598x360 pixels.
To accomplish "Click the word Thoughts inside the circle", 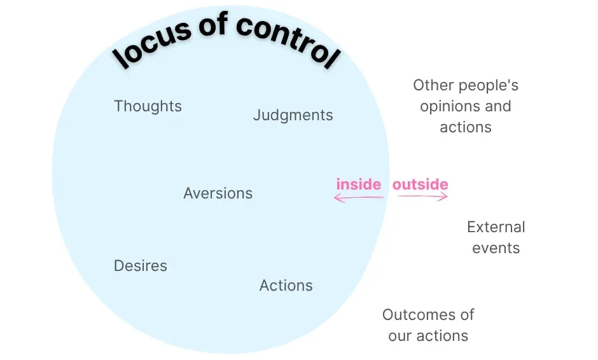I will [x=148, y=106].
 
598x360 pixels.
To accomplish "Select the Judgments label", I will [x=293, y=115].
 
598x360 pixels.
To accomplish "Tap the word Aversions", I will [x=218, y=193].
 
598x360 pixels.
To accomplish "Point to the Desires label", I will [x=140, y=266].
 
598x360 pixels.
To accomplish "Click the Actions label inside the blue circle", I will [x=286, y=286].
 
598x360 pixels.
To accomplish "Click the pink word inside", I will [x=359, y=184].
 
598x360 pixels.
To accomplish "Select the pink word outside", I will [x=420, y=184].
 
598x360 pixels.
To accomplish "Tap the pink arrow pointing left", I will [x=358, y=198].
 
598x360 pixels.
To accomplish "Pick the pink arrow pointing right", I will [x=424, y=197].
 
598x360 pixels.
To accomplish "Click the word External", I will [x=496, y=227].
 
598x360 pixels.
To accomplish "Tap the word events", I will [x=496, y=248].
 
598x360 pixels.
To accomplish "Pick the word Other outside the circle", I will [x=429, y=85].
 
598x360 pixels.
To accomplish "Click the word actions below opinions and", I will [x=466, y=127].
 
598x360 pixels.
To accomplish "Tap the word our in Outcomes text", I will [x=401, y=336].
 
